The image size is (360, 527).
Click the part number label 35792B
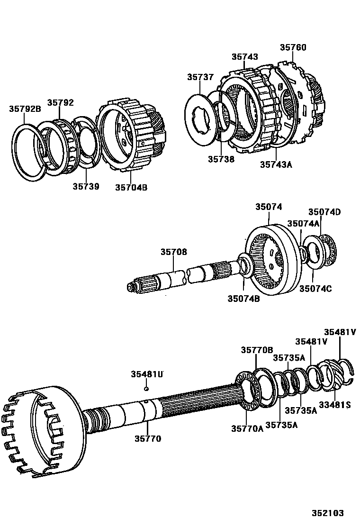25,109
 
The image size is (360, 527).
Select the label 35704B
131,187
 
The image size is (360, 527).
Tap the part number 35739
86,186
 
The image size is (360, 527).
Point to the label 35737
200,77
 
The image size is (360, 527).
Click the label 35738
221,159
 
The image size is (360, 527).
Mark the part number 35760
293,47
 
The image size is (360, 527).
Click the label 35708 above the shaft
173,252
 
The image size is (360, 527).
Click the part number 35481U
147,374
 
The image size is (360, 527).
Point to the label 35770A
247,428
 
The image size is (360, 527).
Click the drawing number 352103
327,513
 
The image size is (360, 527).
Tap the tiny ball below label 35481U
147,389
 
